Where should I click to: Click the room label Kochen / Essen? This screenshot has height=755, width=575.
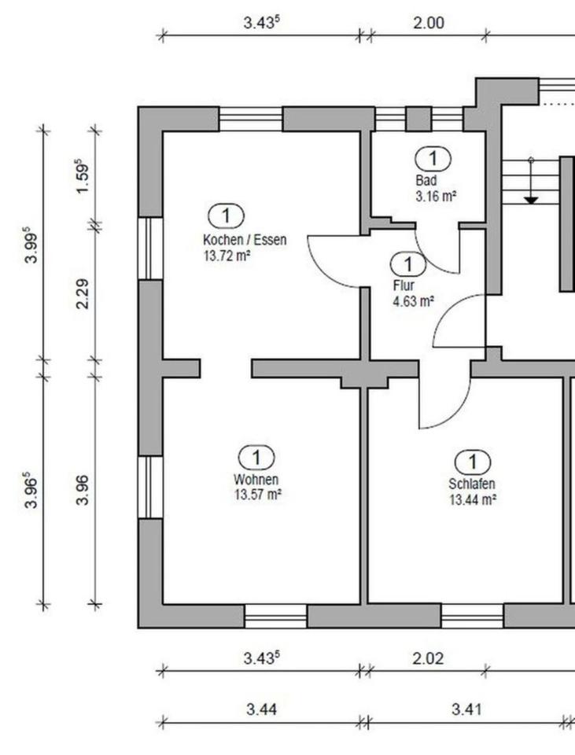[x=244, y=240]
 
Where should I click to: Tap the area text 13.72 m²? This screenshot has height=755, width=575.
[x=227, y=254]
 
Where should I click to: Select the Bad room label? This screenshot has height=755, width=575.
[x=425, y=180]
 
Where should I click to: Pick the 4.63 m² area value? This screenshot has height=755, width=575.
[x=414, y=300]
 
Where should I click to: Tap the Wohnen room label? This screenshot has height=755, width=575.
[x=256, y=479]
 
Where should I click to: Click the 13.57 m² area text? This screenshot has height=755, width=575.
[x=258, y=494]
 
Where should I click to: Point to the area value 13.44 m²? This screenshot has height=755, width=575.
[x=472, y=499]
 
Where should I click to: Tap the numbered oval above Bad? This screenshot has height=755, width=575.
[x=433, y=158]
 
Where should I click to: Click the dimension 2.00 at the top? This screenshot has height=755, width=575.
[x=429, y=23]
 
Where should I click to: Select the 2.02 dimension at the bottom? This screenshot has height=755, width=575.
[x=428, y=658]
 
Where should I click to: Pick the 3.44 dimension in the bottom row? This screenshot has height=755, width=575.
[x=261, y=709]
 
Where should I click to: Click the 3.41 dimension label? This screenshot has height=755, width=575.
[x=466, y=709]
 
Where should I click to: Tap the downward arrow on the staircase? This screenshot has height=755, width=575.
[x=531, y=199]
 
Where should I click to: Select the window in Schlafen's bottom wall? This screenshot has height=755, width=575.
[x=472, y=616]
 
